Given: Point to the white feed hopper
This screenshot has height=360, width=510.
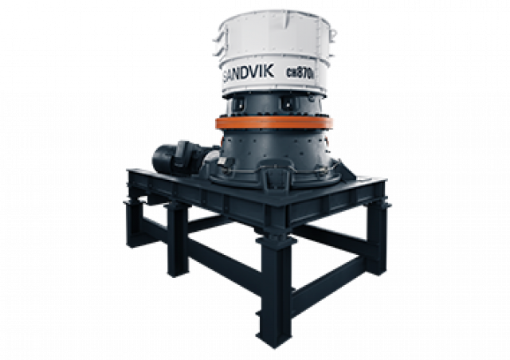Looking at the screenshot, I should (x=271, y=48).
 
